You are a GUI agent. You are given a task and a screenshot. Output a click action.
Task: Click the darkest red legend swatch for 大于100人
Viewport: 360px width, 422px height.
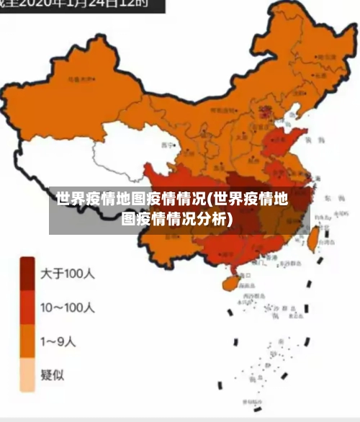27,274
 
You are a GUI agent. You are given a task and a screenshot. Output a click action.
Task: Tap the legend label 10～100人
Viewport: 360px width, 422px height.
68,307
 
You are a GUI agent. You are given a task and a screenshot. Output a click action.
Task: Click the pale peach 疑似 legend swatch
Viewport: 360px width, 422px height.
27,374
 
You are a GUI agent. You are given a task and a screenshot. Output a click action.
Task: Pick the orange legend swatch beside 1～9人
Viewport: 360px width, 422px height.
27,341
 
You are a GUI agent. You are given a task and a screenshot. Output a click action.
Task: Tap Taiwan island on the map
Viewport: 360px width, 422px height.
314,238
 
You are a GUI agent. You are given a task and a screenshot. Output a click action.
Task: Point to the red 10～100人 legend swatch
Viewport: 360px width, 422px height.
27,307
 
